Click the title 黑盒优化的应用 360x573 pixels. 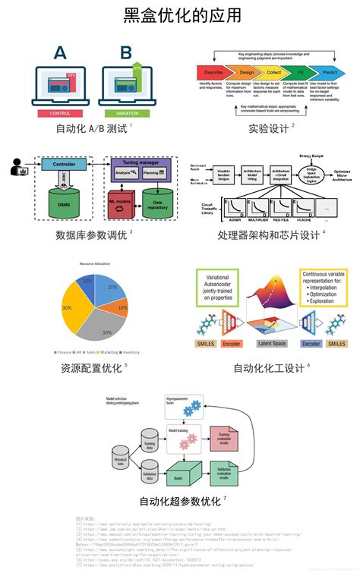pos(180,16)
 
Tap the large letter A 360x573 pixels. pos(60,54)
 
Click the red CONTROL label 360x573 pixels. pos(60,113)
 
